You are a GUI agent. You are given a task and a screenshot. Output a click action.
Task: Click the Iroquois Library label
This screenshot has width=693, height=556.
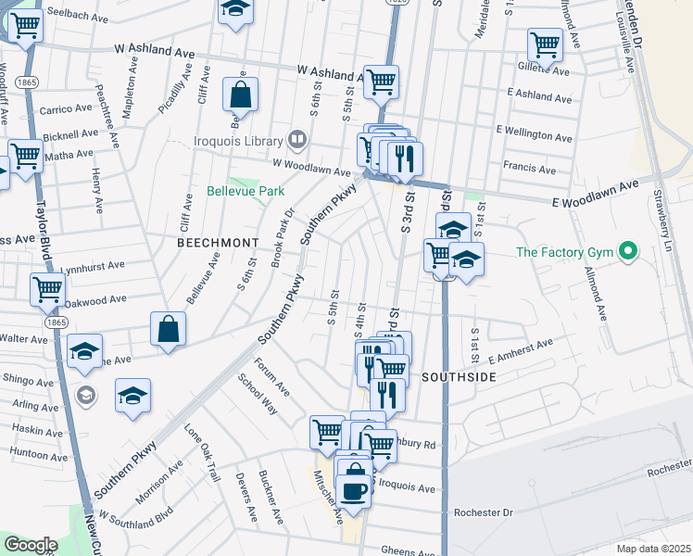point(239,141)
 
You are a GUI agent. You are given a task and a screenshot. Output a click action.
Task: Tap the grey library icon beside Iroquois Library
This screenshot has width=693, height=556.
point(297,140)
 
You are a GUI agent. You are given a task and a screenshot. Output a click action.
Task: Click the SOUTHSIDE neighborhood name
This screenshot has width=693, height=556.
point(460,377)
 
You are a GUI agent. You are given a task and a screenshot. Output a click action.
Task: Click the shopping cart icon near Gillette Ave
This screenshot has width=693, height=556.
point(545,44)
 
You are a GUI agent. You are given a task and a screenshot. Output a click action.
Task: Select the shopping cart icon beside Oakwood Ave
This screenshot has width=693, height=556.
point(47,288)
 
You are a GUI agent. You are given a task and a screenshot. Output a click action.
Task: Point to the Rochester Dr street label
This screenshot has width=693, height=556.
point(483,512)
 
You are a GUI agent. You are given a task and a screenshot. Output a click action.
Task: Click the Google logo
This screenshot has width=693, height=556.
point(31,545)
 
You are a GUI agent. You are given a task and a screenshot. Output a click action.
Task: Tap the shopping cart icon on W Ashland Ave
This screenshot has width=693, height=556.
point(381,81)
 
